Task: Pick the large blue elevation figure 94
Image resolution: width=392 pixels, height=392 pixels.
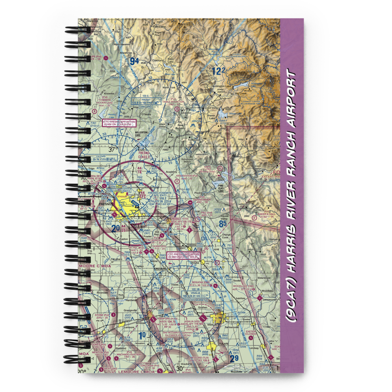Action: click(x=134, y=61)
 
